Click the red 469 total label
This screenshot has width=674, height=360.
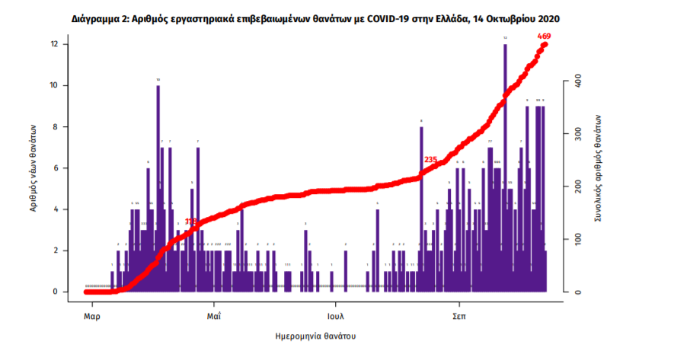544,37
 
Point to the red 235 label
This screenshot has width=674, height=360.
431,160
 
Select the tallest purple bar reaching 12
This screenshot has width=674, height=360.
505,167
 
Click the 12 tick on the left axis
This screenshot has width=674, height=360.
53,44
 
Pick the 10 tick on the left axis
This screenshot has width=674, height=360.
53,85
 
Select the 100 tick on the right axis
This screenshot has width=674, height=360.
577,239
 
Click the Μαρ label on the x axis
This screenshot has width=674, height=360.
91,314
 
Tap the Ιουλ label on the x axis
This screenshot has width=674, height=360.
335,314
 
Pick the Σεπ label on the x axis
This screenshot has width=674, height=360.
459,314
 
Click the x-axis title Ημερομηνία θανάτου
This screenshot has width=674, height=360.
315,336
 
